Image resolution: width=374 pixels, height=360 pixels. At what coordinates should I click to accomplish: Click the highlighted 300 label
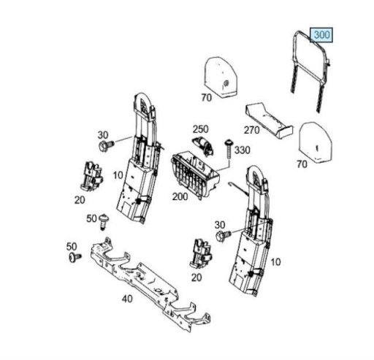pos(321,35)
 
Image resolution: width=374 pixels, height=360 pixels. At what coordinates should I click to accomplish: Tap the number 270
pos(252,130)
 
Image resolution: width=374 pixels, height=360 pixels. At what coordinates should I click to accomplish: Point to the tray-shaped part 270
pos(269,120)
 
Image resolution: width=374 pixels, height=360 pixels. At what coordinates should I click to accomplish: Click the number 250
pos(201,129)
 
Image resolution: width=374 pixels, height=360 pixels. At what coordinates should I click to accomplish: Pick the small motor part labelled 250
pos(203,145)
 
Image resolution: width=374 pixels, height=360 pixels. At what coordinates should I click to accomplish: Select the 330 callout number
pos(243,150)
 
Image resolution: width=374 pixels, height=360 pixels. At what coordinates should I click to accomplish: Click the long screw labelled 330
pos(229,149)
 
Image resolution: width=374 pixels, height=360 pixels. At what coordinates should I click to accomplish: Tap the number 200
pos(180,196)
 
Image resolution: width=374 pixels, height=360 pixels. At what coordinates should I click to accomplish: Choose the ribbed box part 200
pos(195,175)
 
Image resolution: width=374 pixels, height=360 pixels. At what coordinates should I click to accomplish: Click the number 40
pos(127,299)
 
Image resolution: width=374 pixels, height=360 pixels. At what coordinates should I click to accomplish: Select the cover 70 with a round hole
pos(221,77)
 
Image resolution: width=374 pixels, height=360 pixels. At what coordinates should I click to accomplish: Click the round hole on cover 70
pos(226,83)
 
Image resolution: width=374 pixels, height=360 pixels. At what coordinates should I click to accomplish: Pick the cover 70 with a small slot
pos(316,142)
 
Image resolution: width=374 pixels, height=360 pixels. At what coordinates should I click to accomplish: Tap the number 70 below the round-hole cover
pos(207,98)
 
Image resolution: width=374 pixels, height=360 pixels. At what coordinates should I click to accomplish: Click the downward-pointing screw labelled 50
pos(104,222)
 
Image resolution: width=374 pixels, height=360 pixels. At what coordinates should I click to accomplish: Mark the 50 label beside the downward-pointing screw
pos(91,218)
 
